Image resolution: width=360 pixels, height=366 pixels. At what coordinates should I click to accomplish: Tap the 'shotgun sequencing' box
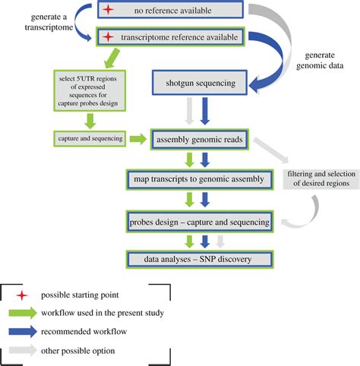tap(198, 83)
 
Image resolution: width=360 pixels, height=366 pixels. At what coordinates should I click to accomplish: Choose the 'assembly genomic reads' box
tap(200, 139)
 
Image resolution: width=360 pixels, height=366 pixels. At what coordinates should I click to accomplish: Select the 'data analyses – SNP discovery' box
tap(200, 260)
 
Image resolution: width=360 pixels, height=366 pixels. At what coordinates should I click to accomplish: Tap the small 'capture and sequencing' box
tap(83, 139)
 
